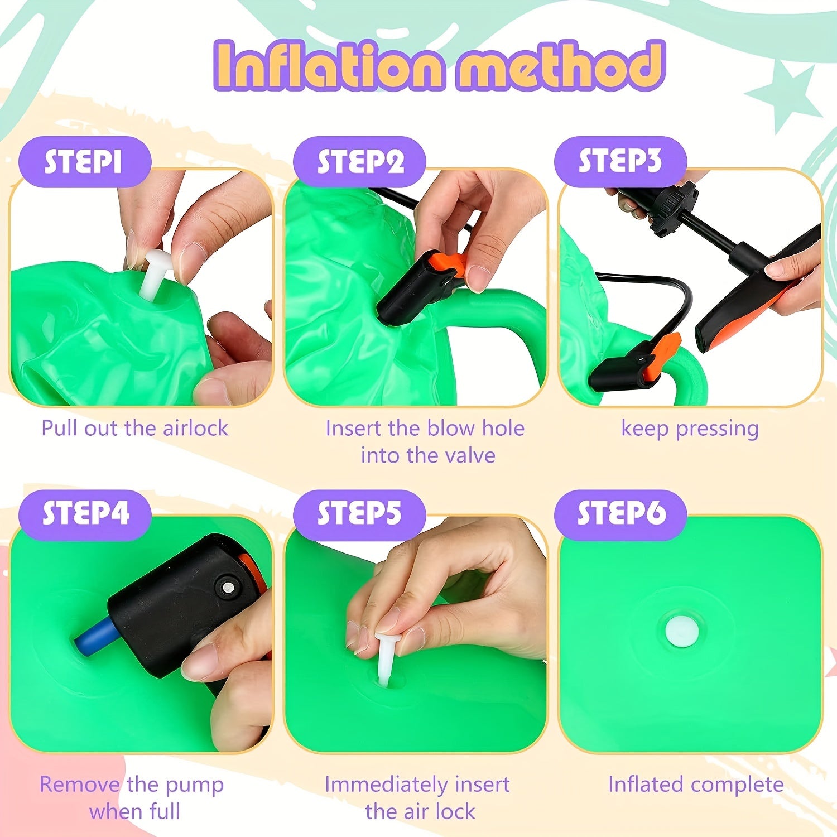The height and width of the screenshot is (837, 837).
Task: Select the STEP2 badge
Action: point(359,162)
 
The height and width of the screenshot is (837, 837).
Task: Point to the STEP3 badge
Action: point(620,162)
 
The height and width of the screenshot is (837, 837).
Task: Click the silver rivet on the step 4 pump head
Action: point(228,587)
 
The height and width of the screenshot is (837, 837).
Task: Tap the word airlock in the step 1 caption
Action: point(195,428)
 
